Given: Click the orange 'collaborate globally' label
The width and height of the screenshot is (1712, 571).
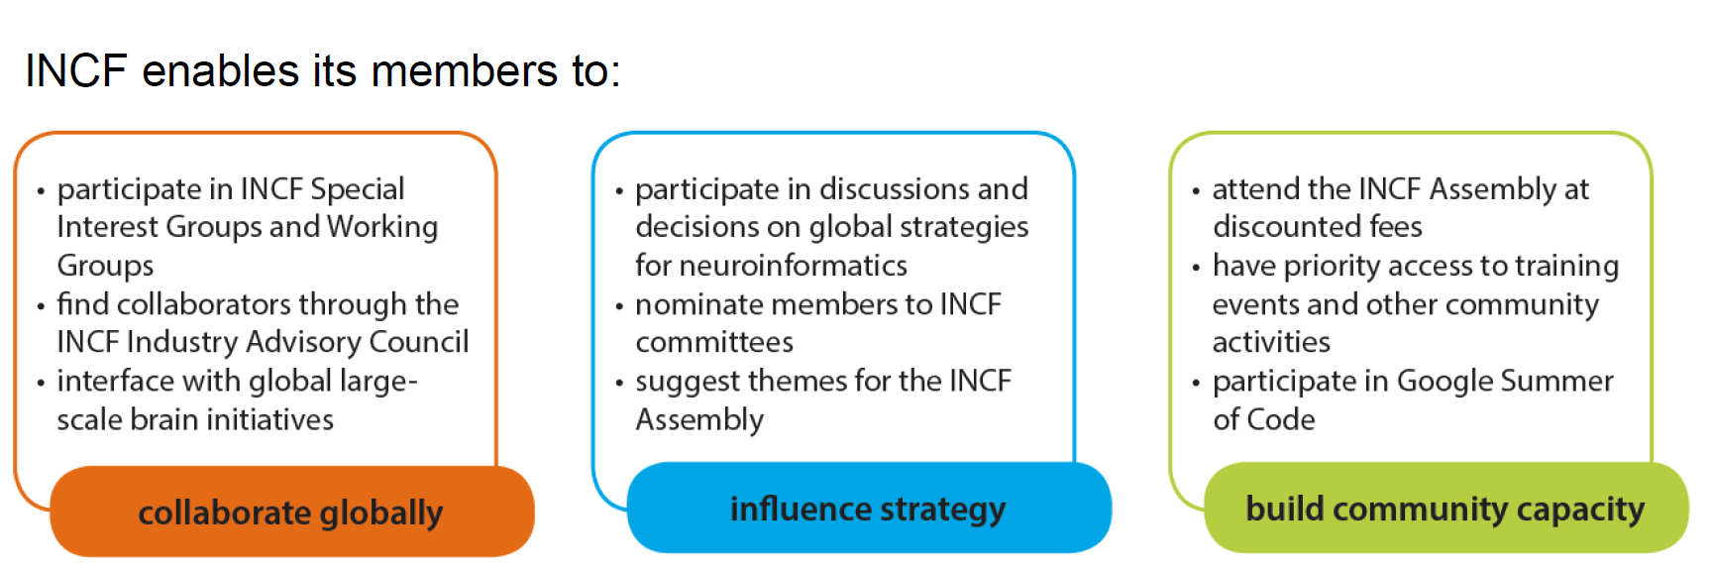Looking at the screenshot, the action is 290,513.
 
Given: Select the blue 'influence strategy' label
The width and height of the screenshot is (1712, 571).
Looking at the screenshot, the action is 868,510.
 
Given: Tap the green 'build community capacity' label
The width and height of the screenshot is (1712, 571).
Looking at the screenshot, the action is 1444,510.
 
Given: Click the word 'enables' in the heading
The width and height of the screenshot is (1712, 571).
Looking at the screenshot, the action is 220,71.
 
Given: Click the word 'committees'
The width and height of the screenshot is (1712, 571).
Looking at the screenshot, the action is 714,343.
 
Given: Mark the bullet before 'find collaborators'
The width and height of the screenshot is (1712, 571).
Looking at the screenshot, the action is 41,306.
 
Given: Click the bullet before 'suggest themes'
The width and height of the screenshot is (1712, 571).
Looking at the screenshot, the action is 619,383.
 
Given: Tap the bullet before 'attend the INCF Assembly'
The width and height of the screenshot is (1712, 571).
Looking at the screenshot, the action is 1196,190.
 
